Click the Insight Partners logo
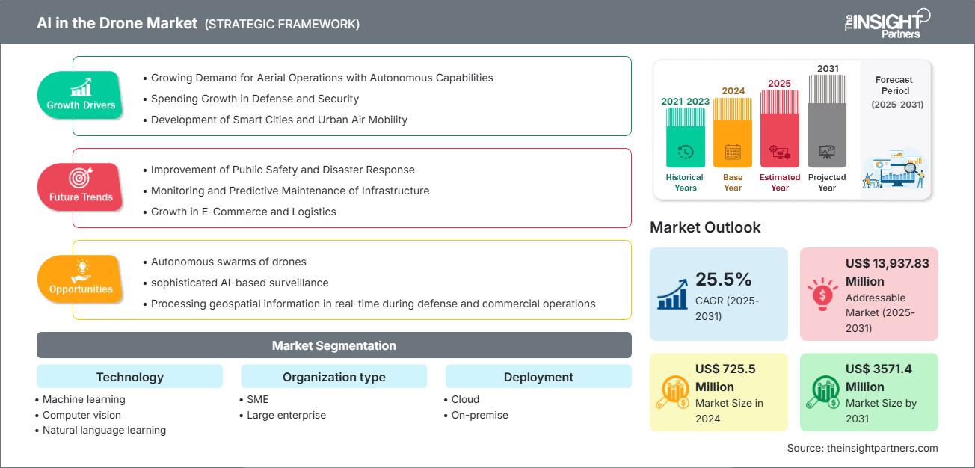click(887, 22)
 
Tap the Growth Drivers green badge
click(81, 96)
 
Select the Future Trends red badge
click(80, 187)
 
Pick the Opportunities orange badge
click(81, 279)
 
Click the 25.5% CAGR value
click(723, 280)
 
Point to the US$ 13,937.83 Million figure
click(887, 272)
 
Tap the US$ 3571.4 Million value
click(879, 378)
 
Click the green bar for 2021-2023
click(685, 138)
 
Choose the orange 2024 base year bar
click(733, 133)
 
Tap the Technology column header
click(129, 377)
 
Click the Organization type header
click(333, 377)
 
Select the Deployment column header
click(538, 377)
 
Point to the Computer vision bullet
click(81, 415)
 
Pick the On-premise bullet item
click(479, 415)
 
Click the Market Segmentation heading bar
click(333, 345)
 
